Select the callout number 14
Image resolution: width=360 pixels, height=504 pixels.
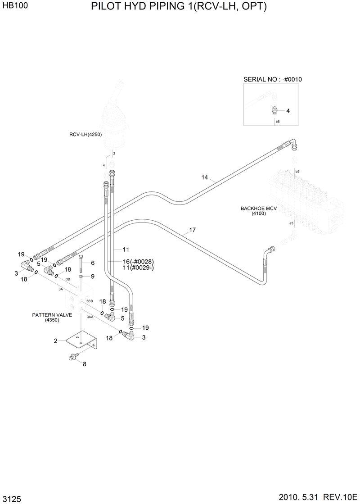(205, 177)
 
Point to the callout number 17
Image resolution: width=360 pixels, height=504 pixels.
(192, 230)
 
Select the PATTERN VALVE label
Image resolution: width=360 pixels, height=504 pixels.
(52, 315)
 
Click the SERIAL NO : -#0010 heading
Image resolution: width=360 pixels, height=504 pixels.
(272, 79)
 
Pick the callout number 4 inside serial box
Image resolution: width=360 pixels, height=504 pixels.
(288, 110)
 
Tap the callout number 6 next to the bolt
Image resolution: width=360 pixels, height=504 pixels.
(93, 263)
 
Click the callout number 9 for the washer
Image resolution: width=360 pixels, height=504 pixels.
(93, 276)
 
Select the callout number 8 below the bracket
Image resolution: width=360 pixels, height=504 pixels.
(84, 364)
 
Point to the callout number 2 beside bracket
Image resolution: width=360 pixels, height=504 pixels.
(55, 341)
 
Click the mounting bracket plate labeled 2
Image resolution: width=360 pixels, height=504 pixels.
(81, 341)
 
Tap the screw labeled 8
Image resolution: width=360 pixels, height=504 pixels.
(72, 357)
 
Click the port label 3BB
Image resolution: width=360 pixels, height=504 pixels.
(90, 301)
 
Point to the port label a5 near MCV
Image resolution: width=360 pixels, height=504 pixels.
(291, 223)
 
